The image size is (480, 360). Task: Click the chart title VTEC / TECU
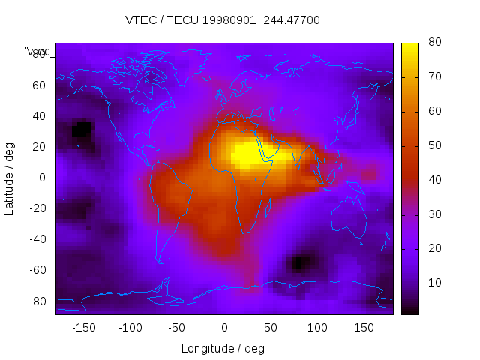[x=223, y=20]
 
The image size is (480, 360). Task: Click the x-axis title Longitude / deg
[x=223, y=348]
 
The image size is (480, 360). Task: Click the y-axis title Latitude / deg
[x=10, y=178]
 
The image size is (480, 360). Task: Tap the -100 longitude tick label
[x=130, y=328]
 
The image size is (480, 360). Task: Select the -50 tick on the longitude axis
[x=177, y=328]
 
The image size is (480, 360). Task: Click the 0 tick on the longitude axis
[x=223, y=328]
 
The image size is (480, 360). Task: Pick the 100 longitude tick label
[x=317, y=328]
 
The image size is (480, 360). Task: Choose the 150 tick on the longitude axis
[x=364, y=328]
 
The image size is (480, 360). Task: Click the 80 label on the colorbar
[x=433, y=43]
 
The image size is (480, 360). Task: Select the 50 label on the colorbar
[x=433, y=145]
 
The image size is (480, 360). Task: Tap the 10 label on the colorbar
[x=433, y=283]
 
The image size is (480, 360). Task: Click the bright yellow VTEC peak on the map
[x=247, y=154]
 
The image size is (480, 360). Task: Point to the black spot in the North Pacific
[x=81, y=130]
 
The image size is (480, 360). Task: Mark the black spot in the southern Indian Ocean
[x=300, y=263]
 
